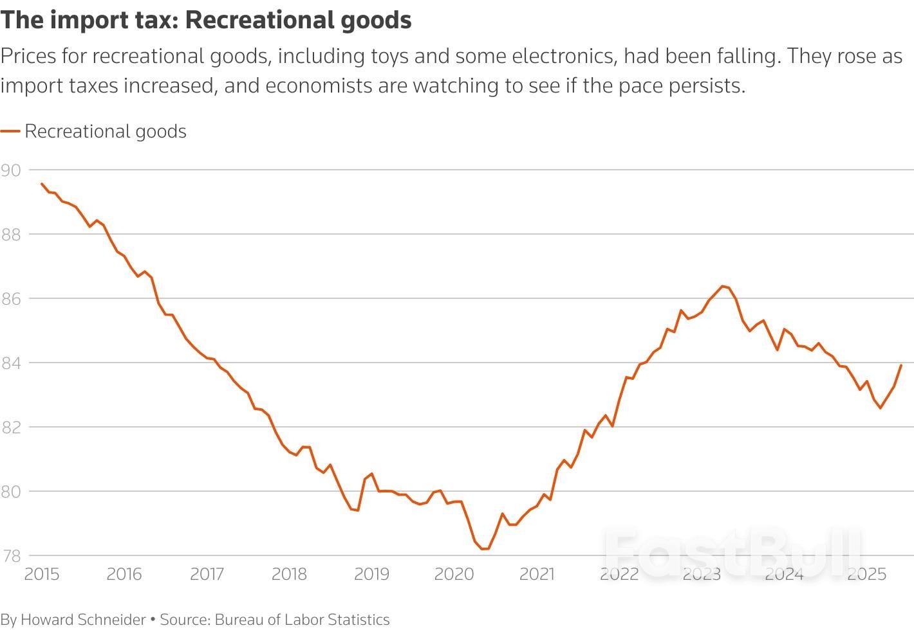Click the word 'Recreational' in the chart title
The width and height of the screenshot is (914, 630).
244,20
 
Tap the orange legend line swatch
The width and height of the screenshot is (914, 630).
10,131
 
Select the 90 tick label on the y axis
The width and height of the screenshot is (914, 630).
11,170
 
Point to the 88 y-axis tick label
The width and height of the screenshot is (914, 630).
11,235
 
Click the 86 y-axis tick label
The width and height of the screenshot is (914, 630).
11,299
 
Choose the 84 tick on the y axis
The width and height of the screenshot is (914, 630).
11,363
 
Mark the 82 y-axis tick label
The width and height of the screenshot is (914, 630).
11,428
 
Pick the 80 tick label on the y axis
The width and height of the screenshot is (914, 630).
11,492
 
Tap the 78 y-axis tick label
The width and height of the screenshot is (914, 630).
11,556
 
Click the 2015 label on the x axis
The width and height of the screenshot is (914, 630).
42,574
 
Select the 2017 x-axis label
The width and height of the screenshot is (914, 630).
207,574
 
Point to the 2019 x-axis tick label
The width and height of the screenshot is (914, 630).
371,574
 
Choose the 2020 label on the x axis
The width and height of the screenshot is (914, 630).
454,574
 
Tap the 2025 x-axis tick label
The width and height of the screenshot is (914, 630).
866,574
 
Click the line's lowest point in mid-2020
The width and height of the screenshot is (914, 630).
485,548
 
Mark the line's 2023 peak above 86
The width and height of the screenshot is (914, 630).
722,286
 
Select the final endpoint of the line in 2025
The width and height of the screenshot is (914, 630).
901,365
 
